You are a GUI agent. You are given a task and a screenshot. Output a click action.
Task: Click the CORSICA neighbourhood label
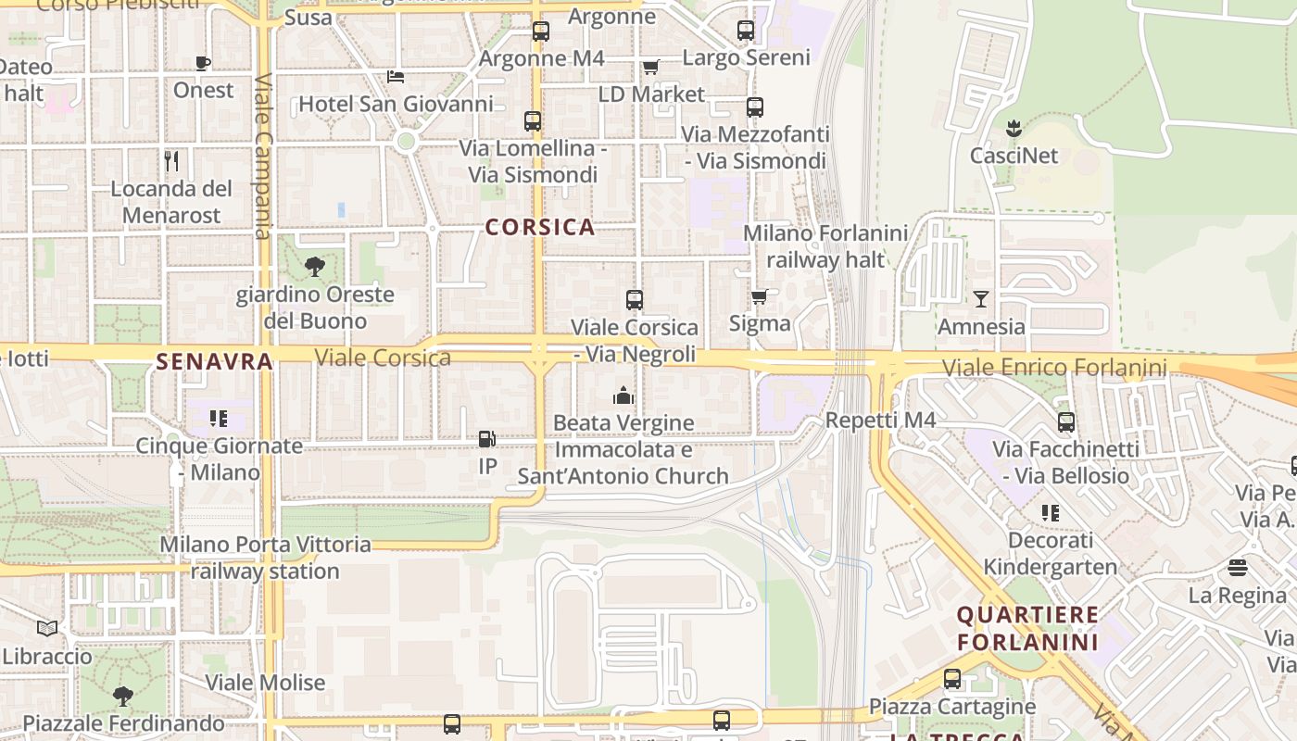(540, 227)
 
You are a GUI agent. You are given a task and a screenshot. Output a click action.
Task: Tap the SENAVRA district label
(214, 361)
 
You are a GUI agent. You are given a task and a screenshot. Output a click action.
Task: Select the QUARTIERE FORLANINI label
(1027, 628)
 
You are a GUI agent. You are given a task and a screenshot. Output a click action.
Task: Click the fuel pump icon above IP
(487, 439)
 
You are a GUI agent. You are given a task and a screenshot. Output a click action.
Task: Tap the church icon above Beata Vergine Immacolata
(623, 396)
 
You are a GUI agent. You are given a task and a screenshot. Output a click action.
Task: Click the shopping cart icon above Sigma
(760, 296)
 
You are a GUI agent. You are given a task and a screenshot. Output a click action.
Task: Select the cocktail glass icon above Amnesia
(981, 298)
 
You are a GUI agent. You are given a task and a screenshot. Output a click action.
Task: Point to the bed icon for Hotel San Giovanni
(396, 76)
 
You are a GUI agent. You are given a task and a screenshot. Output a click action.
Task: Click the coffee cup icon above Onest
(203, 63)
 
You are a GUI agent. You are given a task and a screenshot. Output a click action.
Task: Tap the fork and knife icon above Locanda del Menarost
(171, 161)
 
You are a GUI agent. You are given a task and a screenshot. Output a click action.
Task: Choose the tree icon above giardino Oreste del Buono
(315, 267)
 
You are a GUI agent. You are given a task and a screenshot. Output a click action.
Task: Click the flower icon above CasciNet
(1014, 128)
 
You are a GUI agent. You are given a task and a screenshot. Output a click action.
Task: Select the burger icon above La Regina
(1238, 567)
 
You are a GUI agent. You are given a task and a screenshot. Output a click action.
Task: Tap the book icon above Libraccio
(47, 628)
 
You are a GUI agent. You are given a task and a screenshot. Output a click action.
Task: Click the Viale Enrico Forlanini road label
(1054, 368)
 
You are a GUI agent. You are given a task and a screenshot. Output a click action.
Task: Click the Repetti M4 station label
(880, 421)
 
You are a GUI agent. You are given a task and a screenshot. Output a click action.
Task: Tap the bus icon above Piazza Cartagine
(952, 678)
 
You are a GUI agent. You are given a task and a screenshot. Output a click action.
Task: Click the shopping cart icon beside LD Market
(650, 67)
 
